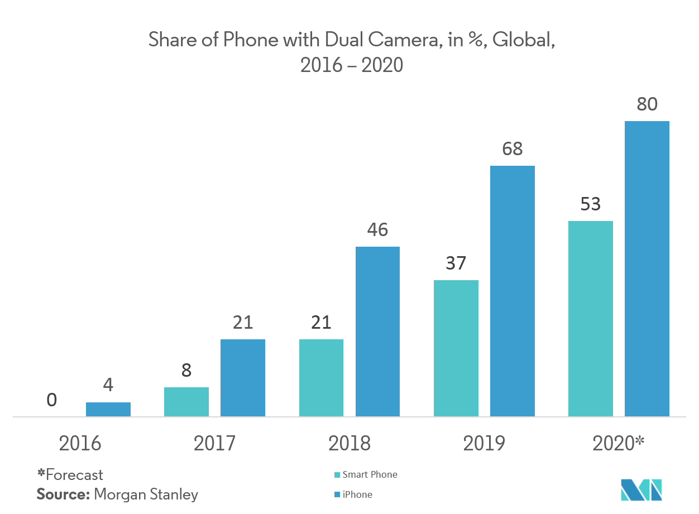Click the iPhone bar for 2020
click(647, 268)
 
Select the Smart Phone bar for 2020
click(590, 319)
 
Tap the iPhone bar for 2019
click(512, 291)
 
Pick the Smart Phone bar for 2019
click(456, 348)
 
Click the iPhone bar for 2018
click(377, 332)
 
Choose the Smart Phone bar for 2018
click(321, 378)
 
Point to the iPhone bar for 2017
click(242, 378)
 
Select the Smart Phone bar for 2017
click(186, 402)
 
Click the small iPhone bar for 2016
click(108, 409)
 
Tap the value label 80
click(647, 104)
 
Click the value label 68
click(512, 149)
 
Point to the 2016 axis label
click(80, 443)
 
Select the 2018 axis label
click(349, 443)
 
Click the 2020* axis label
click(618, 443)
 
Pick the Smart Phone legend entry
click(370, 474)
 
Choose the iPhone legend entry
click(357, 494)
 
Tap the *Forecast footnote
click(70, 475)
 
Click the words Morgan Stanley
click(146, 494)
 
